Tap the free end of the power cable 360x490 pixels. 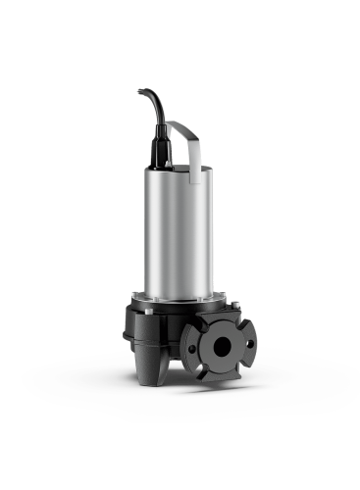[x=139, y=91]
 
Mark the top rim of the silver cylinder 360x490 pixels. [x=181, y=168]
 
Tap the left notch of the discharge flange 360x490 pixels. [x=188, y=344]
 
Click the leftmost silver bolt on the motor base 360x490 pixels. [x=133, y=303]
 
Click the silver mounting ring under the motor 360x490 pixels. [x=181, y=297]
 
